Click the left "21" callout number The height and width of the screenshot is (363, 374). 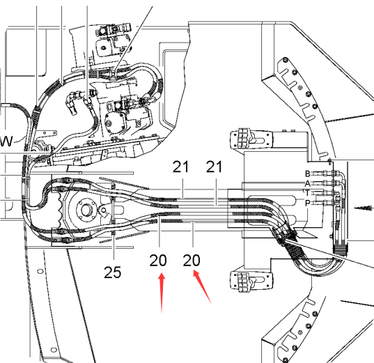point(180,167)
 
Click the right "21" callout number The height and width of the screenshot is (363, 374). point(214,167)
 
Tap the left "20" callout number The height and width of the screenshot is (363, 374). point(158,260)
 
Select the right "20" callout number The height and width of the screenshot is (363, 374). point(192,260)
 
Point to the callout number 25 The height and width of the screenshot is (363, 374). point(113,272)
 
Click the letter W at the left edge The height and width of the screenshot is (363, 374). point(6,141)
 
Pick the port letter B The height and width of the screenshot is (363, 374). point(307,173)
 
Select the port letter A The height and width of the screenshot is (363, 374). point(307,183)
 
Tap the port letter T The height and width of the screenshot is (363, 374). point(307,193)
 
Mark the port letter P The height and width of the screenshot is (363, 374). point(307,203)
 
